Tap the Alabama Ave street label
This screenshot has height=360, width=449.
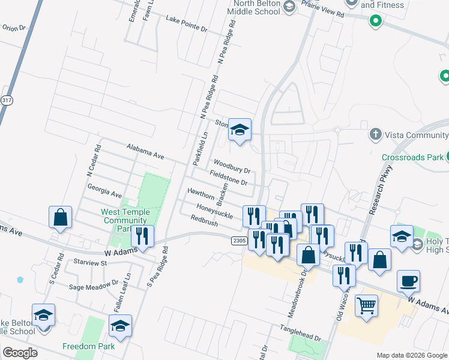point(145,151)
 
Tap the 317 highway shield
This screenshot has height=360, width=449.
point(6,100)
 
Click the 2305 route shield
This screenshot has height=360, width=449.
point(238,240)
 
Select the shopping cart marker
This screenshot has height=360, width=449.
point(366,306)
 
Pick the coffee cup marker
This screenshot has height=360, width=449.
point(408,280)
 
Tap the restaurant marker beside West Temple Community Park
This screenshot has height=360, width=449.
point(142,236)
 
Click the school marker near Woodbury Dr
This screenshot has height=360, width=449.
point(240,130)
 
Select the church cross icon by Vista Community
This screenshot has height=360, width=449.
point(375,134)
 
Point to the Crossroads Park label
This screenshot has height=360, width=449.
point(412,157)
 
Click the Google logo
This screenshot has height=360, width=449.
point(20,352)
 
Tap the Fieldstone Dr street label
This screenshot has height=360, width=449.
point(229,177)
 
